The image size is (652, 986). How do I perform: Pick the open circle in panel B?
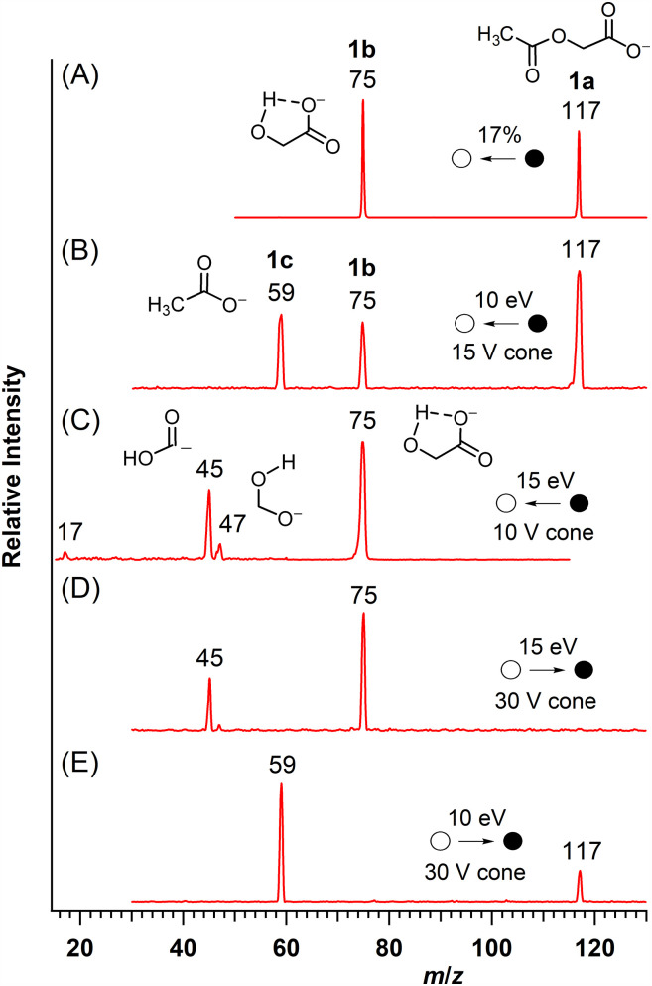(x=462, y=324)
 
